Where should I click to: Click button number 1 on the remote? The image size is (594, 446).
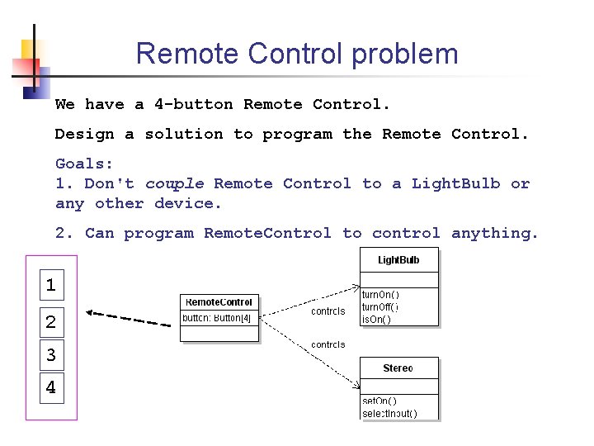point(51,286)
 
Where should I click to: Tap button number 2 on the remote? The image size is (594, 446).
point(51,322)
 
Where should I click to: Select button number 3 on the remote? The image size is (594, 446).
point(51,355)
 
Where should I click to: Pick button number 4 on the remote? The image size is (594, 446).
point(51,387)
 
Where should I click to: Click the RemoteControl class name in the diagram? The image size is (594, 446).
point(219,302)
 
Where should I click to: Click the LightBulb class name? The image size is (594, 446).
point(398,260)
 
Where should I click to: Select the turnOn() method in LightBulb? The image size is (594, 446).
point(381,294)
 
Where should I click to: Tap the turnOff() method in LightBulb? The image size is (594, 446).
point(381,306)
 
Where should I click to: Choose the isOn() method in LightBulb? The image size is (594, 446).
point(377,319)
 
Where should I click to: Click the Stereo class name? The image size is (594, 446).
point(398,368)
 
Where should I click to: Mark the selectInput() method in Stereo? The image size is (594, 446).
point(390,413)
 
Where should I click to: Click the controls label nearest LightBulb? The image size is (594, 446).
point(328,311)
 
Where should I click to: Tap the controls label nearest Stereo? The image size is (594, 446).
point(328,344)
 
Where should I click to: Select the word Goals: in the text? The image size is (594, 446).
point(84,164)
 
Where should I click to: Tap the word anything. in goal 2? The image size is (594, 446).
point(495,234)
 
